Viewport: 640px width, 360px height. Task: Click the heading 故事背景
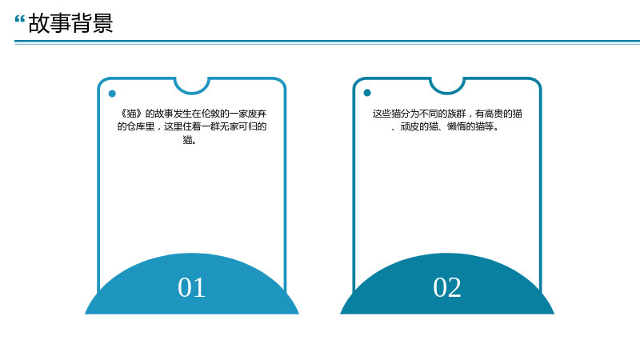(70, 23)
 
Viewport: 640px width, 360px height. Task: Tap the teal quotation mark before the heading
(19, 18)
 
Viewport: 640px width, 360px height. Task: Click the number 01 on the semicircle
(191, 287)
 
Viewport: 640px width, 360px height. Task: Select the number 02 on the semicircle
(447, 287)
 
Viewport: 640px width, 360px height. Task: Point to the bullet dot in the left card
(112, 94)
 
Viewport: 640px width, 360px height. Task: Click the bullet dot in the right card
(367, 93)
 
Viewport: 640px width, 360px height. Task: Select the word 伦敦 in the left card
(211, 114)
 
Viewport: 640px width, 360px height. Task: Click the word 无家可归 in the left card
(238, 126)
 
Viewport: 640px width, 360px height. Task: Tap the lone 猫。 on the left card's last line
(190, 140)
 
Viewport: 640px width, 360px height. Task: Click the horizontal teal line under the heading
(327, 42)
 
